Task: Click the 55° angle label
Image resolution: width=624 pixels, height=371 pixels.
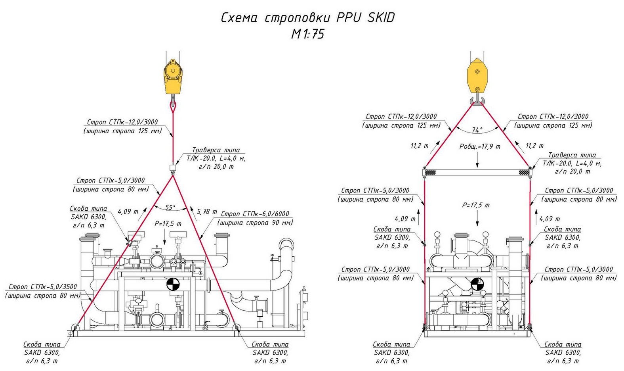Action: click(x=170, y=208)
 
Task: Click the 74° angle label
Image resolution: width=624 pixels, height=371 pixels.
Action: click(x=477, y=130)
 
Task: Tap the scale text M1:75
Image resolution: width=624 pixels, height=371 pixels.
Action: click(x=308, y=34)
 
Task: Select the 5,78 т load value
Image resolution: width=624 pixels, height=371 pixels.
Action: click(x=207, y=212)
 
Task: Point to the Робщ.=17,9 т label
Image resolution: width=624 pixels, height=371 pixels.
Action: click(x=480, y=146)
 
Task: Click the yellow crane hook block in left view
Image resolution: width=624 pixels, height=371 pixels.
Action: click(x=173, y=77)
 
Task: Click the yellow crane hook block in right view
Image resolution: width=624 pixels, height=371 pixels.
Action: click(x=477, y=76)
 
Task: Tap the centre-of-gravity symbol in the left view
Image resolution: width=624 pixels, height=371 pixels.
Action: click(x=173, y=284)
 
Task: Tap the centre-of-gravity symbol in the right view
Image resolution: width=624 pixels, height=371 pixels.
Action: click(x=477, y=284)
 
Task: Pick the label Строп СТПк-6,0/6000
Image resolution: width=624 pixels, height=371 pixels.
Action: click(x=255, y=214)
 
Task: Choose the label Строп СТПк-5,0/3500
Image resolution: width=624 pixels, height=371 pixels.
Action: click(x=43, y=287)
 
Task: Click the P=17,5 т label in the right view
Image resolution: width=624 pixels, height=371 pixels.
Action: click(x=476, y=205)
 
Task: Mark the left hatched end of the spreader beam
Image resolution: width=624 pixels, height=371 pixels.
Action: click(x=430, y=173)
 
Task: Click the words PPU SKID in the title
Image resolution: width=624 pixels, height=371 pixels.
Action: click(x=365, y=17)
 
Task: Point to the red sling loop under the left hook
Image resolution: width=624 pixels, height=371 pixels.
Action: click(x=173, y=107)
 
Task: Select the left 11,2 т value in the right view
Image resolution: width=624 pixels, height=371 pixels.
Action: click(x=420, y=146)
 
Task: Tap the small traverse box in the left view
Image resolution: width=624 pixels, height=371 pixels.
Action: click(x=173, y=167)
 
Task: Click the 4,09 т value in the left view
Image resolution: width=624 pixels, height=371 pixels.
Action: click(x=128, y=212)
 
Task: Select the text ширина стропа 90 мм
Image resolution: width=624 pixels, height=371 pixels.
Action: click(x=255, y=223)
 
